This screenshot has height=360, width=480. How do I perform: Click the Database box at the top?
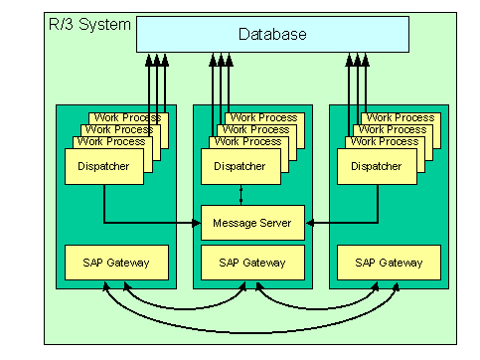pyautogui.click(x=271, y=35)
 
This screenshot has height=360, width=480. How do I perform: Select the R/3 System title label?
pyautogui.click(x=89, y=22)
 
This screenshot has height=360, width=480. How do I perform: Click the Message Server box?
pyautogui.click(x=251, y=223)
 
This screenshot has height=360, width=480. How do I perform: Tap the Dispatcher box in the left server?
pyautogui.click(x=102, y=166)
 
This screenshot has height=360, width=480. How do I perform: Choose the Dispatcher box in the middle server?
pyautogui.click(x=240, y=166)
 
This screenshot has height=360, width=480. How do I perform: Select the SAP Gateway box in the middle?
pyautogui.click(x=251, y=263)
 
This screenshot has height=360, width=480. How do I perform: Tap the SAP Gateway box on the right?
pyautogui.click(x=389, y=263)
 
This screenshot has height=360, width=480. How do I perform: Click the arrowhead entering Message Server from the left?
pyautogui.click(x=197, y=223)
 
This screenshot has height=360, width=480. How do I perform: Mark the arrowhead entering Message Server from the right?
pyautogui.click(x=308, y=223)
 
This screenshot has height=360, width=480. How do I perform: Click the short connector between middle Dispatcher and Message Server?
pyautogui.click(x=240, y=195)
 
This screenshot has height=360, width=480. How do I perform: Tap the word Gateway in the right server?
pyautogui.click(x=400, y=263)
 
